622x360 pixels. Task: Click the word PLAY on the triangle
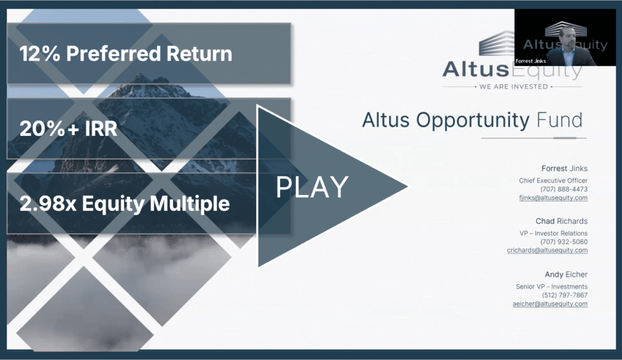[x=312, y=187]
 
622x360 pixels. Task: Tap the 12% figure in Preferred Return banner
[x=39, y=53]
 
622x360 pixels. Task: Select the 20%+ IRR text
[x=68, y=129]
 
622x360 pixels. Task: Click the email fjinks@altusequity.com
[x=553, y=198]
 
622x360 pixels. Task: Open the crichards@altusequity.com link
[x=547, y=250]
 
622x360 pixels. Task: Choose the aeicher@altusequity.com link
[x=550, y=304]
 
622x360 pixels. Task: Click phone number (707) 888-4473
[x=564, y=189]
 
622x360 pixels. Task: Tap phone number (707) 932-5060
[x=564, y=242]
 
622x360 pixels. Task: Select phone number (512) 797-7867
[x=565, y=295]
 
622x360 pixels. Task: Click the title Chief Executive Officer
[x=553, y=180]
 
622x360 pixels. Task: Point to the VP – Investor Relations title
[x=554, y=233]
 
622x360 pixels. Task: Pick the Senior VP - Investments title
[x=552, y=287]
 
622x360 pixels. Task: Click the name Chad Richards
[x=562, y=221]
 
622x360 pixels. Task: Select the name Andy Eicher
[x=566, y=274]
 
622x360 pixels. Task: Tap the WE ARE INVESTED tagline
[x=513, y=86]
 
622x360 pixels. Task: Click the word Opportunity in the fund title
[x=473, y=120]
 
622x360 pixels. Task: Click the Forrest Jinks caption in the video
[x=530, y=61]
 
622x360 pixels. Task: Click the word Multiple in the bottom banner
[x=190, y=204]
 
